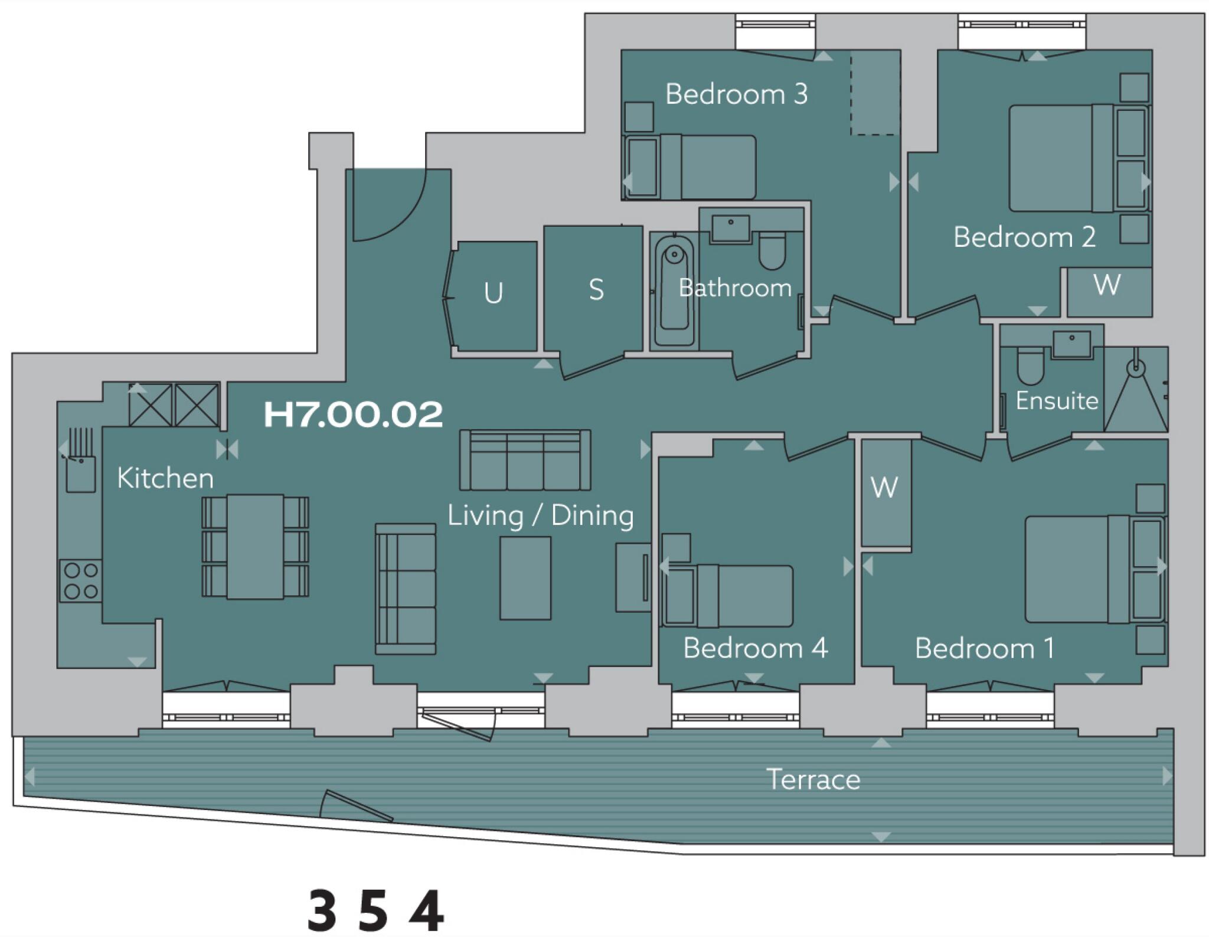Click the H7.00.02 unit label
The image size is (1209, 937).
(x=353, y=414)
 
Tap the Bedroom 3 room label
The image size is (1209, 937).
(x=736, y=94)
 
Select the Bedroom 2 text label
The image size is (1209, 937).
(x=1024, y=237)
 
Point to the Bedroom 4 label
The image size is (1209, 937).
(x=755, y=648)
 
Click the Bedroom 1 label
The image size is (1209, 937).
(x=984, y=649)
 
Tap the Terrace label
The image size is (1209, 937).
(x=813, y=779)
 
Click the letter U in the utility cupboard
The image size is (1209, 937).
(x=493, y=293)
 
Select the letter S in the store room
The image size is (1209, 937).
(x=596, y=290)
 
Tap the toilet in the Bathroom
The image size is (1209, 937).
(x=772, y=250)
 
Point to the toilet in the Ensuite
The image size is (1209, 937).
(x=1031, y=366)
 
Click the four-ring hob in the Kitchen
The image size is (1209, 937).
(x=81, y=581)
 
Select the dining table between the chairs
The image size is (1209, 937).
(x=255, y=547)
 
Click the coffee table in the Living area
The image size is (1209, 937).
(x=525, y=577)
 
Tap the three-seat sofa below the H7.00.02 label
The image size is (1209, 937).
(x=525, y=461)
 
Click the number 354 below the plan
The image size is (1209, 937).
(x=375, y=910)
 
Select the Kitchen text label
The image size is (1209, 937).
(x=165, y=478)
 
